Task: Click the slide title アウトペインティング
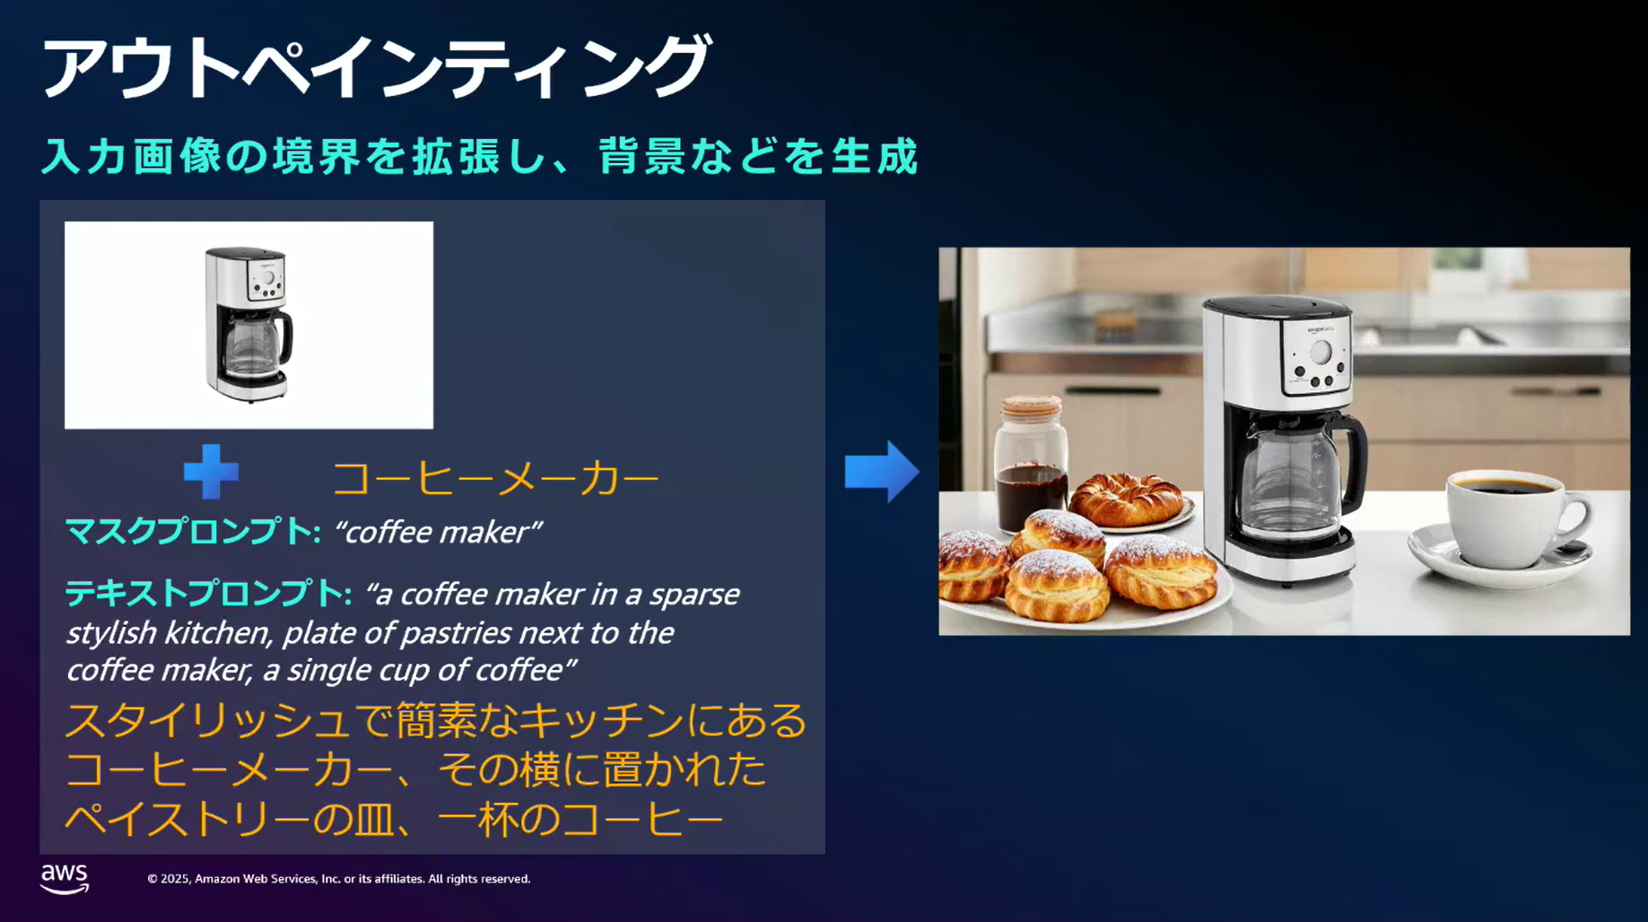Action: click(x=376, y=66)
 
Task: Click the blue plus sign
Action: click(x=211, y=472)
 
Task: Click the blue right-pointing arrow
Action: click(x=882, y=471)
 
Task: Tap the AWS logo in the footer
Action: click(x=65, y=879)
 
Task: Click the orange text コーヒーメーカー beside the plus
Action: click(x=496, y=478)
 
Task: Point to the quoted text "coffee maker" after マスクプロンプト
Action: click(x=438, y=532)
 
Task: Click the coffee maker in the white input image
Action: click(x=249, y=324)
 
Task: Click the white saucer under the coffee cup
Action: click(x=1500, y=556)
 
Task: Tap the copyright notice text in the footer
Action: click(x=338, y=879)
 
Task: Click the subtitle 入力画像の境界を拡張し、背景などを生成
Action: click(x=480, y=155)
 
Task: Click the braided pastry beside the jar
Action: click(x=1129, y=497)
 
